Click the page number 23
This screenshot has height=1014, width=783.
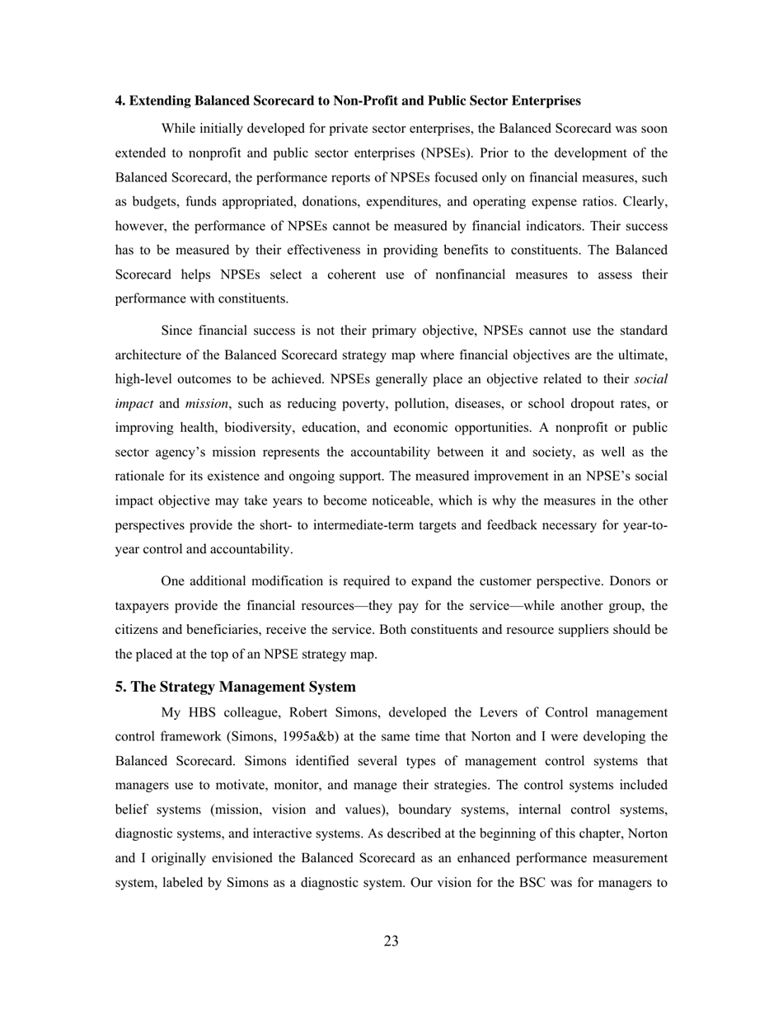click(391, 941)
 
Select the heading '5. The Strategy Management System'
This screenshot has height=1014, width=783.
click(236, 687)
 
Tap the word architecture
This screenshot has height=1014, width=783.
click(149, 355)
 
